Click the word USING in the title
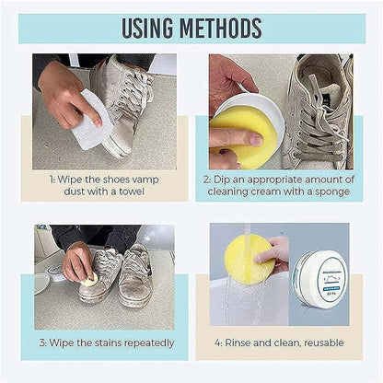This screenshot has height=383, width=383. click(150, 28)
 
